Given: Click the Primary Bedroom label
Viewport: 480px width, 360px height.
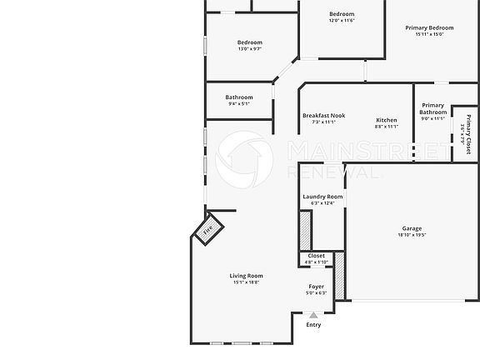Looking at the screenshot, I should tap(429, 27).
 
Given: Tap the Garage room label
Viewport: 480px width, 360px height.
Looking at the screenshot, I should tap(412, 228).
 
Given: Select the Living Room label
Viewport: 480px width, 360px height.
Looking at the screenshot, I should tap(246, 276).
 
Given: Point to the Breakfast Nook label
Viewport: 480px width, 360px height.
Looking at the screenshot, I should tap(323, 116).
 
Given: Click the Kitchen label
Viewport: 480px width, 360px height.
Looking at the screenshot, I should tap(386, 120).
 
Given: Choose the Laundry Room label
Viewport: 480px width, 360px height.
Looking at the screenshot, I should tap(322, 197).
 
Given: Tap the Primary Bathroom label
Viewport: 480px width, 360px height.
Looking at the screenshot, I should tap(432, 108).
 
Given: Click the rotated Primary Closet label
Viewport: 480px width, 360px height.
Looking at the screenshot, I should tap(467, 133).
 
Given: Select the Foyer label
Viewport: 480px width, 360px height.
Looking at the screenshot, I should tap(316, 286).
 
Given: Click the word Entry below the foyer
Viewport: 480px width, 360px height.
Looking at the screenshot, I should tap(313, 324).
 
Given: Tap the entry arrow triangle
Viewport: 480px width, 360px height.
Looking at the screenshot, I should tap(313, 314).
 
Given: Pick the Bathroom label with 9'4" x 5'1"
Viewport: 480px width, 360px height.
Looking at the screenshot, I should tap(238, 97).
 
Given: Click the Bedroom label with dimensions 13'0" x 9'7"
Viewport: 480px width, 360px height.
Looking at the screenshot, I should tap(249, 42).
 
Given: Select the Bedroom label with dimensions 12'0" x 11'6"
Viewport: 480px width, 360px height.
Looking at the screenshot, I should tap(342, 14).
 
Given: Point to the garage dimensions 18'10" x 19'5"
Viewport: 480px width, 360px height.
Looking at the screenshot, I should tap(412, 235).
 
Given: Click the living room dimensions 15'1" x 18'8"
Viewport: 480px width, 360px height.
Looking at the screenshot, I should tap(246, 282).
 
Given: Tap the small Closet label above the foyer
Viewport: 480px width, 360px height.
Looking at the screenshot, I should tap(317, 256).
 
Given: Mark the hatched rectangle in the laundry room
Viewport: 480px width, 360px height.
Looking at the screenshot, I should tap(305, 230).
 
